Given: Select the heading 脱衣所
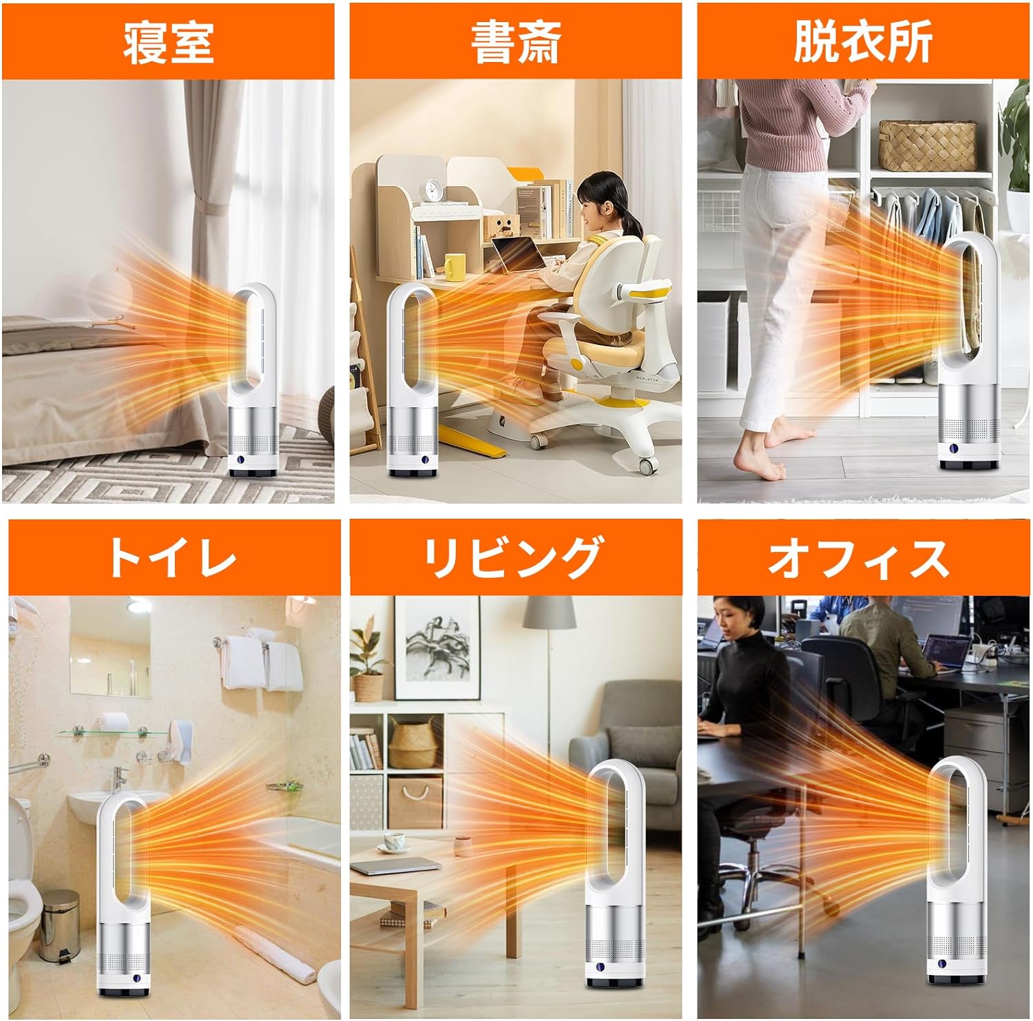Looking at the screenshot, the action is point(863,41).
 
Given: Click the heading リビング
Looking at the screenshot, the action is point(512,557).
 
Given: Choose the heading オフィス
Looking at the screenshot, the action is point(858,557).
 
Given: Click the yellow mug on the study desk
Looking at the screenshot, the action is point(455,267).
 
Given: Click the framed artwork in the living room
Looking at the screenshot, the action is point(437,647).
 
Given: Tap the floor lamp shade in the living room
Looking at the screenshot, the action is point(550,612).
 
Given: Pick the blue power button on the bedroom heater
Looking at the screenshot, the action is point(241,461).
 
